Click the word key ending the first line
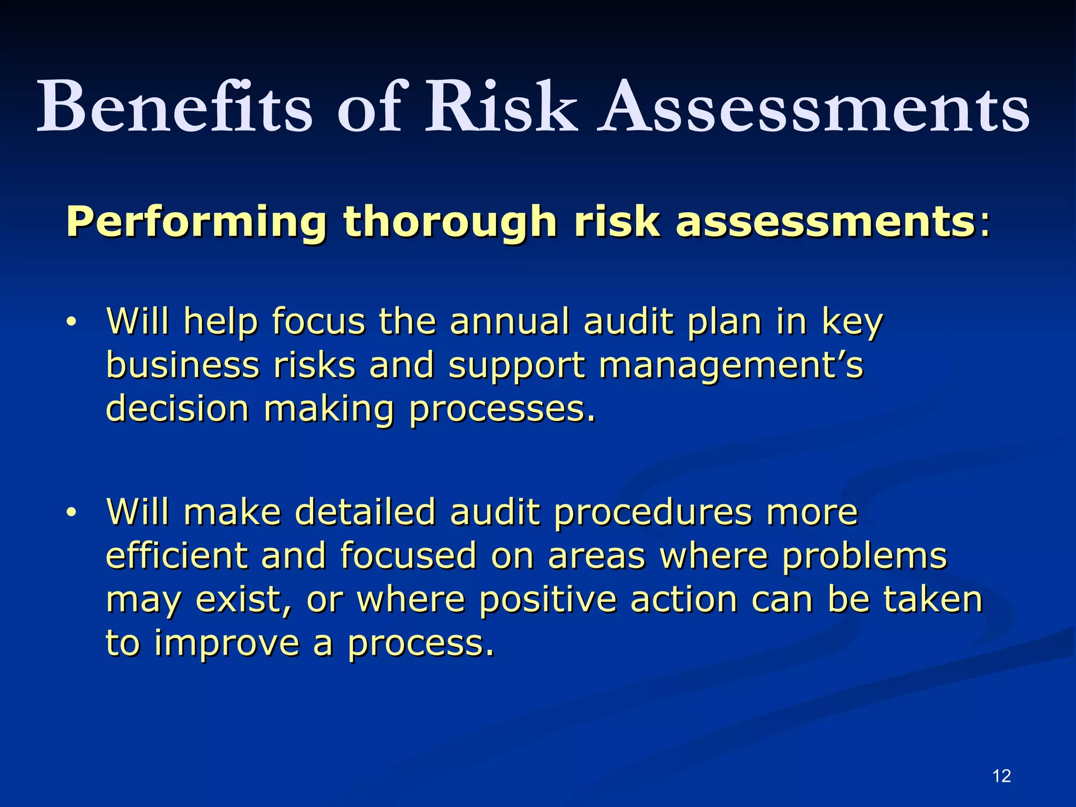point(852,323)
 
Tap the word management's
point(731,367)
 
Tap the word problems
point(864,556)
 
